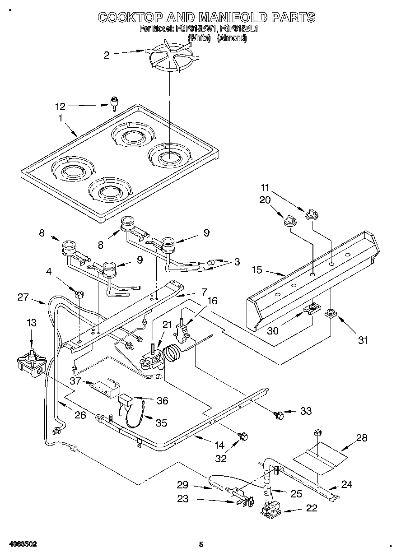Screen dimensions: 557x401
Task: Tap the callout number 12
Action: (x=60, y=107)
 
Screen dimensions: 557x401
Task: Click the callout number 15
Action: (x=257, y=271)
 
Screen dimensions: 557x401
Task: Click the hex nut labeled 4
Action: (x=80, y=294)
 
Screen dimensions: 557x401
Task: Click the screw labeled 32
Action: (x=244, y=436)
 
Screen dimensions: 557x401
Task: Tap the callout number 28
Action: (x=362, y=437)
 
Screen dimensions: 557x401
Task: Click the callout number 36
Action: (x=162, y=400)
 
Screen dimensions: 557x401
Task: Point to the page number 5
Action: (x=201, y=545)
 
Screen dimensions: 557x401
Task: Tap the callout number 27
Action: (x=23, y=297)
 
